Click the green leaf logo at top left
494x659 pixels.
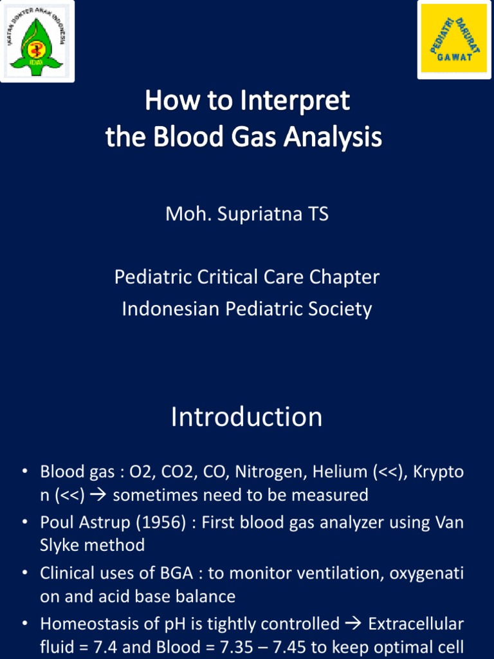[37, 41]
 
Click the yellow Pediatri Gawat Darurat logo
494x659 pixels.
[454, 39]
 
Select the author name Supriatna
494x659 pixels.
[261, 214]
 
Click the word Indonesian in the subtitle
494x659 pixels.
[171, 310]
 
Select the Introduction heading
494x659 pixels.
[246, 416]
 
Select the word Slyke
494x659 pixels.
[59, 546]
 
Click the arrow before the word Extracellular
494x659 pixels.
[354, 624]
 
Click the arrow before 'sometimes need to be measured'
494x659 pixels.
[98, 495]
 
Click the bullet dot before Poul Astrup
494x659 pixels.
[24, 522]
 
